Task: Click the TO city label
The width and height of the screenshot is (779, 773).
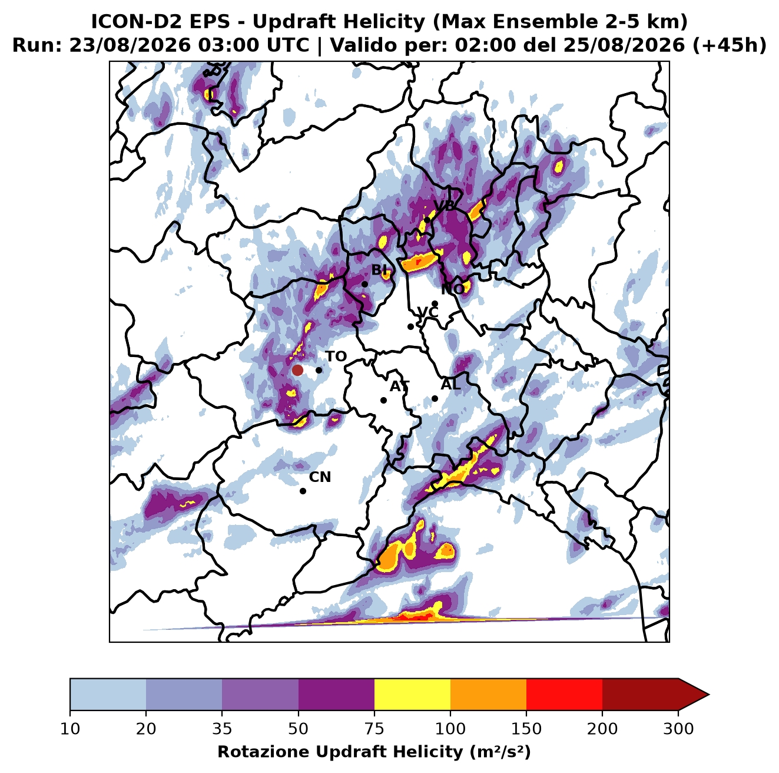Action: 336,356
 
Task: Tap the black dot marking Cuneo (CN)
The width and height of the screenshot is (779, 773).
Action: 303,491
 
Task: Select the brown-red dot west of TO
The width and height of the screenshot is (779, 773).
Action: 297,370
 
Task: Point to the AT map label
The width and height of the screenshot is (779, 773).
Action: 399,387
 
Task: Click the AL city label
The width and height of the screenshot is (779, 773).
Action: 450,384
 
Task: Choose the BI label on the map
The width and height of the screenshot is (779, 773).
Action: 380,270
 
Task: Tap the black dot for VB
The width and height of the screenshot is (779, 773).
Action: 427,220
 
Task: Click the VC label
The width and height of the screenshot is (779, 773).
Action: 427,312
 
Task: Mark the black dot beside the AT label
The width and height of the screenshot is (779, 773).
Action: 384,401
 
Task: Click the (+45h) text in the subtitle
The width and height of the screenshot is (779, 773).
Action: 730,45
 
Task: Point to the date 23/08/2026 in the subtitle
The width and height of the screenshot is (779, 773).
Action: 130,45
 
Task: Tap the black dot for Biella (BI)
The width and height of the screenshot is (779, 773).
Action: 364,285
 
